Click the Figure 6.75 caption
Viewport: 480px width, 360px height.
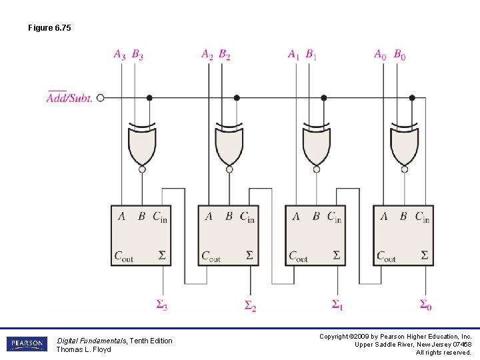[49, 28]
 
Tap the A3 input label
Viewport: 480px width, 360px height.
[119, 55]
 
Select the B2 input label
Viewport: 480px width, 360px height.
[225, 55]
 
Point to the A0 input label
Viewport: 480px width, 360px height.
[380, 55]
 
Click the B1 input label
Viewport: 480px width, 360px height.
[311, 55]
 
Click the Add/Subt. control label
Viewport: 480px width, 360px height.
[69, 98]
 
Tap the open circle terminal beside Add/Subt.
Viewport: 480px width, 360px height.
[101, 97]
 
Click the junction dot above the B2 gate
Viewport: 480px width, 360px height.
[237, 97]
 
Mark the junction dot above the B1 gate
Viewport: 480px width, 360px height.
[324, 97]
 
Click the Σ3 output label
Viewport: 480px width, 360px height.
[162, 305]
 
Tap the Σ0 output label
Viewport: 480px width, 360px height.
[425, 305]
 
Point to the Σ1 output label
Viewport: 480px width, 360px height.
[338, 305]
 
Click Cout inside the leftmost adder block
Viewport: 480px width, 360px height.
[124, 256]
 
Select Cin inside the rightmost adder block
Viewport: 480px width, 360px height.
[422, 217]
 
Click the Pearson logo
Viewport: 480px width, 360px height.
[26, 344]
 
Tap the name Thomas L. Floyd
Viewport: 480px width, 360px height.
[83, 349]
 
